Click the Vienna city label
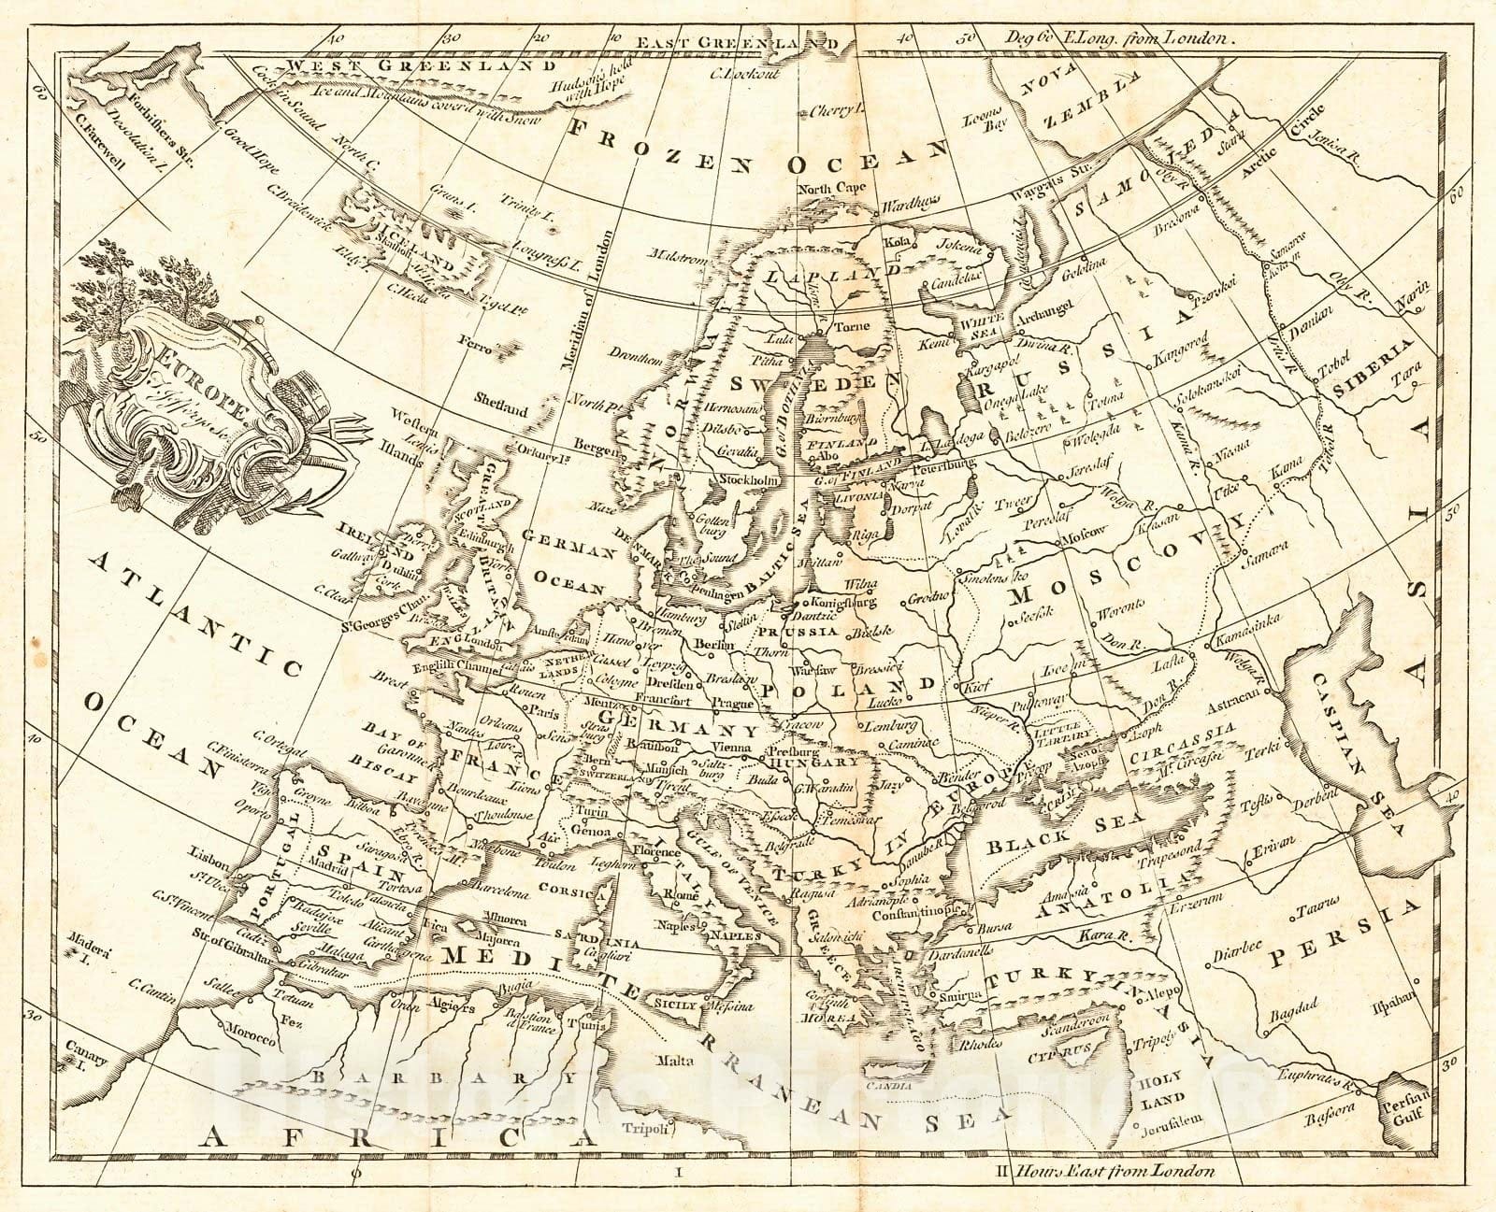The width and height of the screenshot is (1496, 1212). tap(733, 748)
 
